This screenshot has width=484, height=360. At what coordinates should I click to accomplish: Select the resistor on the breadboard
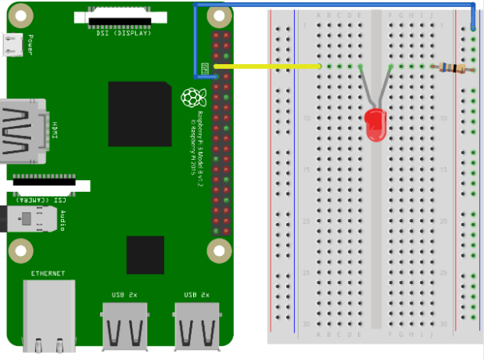(x=453, y=69)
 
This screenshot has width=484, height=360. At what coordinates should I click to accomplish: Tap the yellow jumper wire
(x=266, y=67)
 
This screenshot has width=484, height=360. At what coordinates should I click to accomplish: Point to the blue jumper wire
(x=336, y=5)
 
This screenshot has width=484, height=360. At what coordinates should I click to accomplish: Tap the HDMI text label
(x=56, y=130)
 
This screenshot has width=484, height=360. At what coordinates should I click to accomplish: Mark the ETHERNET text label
(x=48, y=273)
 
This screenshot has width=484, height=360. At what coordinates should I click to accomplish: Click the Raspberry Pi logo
(x=189, y=98)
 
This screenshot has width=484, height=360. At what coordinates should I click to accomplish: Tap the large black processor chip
(x=140, y=113)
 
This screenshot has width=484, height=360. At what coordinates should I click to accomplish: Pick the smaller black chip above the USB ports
(x=145, y=254)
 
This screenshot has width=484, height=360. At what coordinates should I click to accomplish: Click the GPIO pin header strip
(x=220, y=133)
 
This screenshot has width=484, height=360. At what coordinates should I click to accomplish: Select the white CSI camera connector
(x=48, y=185)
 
